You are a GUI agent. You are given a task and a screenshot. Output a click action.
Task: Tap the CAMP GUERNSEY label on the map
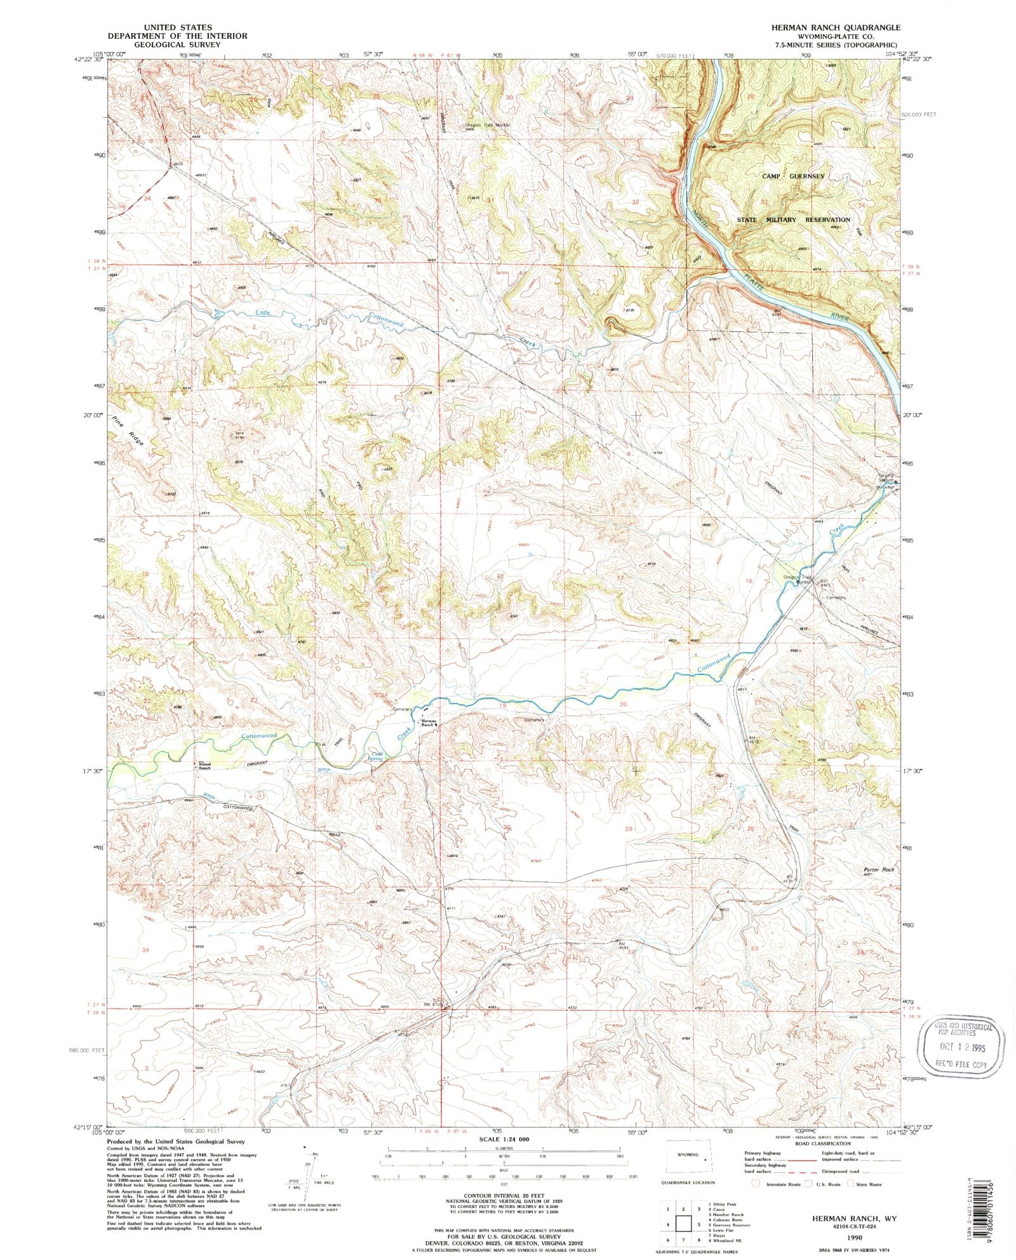pos(793,176)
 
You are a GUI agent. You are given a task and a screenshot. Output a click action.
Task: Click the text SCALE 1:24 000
pos(507,1139)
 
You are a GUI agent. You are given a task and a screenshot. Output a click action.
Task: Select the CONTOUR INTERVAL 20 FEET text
pos(507,1193)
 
